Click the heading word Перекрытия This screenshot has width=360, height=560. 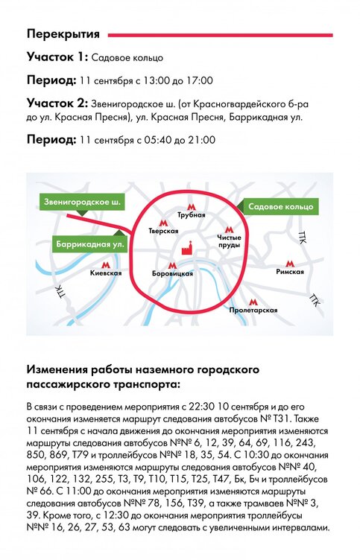pos(63,34)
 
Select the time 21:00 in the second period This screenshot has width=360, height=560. pos(202,140)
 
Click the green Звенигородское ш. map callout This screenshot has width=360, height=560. pos(82,203)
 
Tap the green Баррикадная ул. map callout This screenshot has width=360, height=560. pos(90,245)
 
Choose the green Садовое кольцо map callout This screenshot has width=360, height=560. pos(281,207)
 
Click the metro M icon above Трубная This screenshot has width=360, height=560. pos(192,207)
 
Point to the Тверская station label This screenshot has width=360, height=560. pos(163,231)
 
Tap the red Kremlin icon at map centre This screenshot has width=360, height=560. pos(187,247)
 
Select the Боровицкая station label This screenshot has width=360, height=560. pos(172,274)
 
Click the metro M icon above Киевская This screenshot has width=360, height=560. pos(105,265)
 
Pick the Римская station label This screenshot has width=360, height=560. pos(290,272)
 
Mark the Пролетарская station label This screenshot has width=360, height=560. pos(253,310)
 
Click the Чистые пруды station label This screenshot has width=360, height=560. pos(229,241)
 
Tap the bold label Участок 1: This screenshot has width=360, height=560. pos(57,57)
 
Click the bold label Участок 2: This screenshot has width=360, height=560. pos(57,104)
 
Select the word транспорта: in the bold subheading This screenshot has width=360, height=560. pos(145,385)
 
